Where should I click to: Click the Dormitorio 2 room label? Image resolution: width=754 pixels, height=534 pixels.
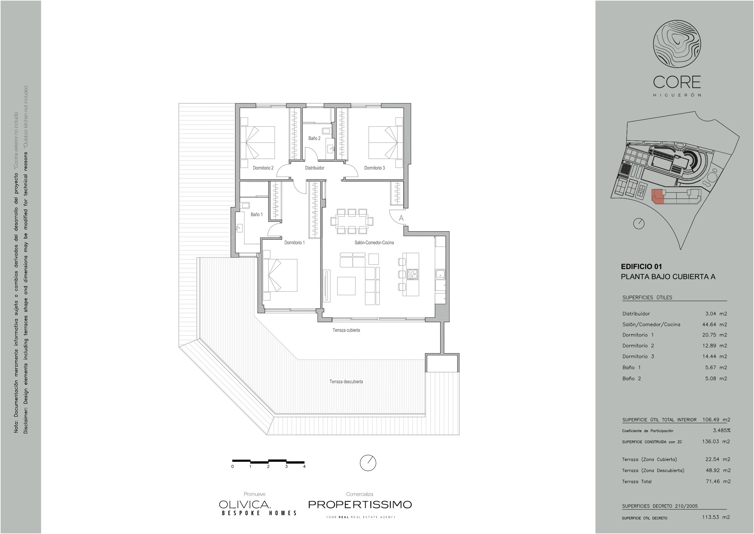263,168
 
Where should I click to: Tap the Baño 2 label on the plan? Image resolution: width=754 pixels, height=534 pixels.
314,138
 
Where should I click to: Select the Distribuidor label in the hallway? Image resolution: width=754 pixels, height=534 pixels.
315,168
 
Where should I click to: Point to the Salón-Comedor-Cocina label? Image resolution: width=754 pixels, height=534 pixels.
374,243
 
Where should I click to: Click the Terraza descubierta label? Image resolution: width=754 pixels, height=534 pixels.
346,382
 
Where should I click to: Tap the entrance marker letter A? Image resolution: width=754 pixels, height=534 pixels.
401,218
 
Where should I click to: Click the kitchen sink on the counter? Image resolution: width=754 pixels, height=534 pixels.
440,274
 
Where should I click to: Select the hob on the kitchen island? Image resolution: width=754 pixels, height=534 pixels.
412,274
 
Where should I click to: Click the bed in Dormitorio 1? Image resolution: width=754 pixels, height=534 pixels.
280,275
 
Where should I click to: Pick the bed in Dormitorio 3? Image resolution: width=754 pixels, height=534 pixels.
385,142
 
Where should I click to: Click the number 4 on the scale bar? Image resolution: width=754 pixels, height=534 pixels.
305,466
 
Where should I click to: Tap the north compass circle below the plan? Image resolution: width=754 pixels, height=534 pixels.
368,463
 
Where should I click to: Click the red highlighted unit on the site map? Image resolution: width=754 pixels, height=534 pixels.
658,197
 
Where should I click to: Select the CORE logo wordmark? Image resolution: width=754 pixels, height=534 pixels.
677,82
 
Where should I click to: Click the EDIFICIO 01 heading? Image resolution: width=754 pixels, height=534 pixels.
641,267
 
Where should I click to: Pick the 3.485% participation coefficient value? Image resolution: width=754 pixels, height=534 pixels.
722,431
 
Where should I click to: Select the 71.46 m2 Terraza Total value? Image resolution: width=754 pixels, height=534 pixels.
718,482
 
